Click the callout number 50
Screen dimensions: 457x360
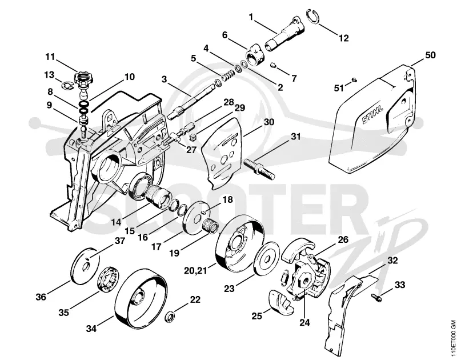[x=430, y=55]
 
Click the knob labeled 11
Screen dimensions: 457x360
[x=83, y=79]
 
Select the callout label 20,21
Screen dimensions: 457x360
[x=195, y=270]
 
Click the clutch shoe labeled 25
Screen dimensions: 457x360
[x=280, y=302]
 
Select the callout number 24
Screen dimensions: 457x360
[x=304, y=322]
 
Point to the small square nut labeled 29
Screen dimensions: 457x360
[x=192, y=137]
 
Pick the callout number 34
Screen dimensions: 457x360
[x=91, y=329]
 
